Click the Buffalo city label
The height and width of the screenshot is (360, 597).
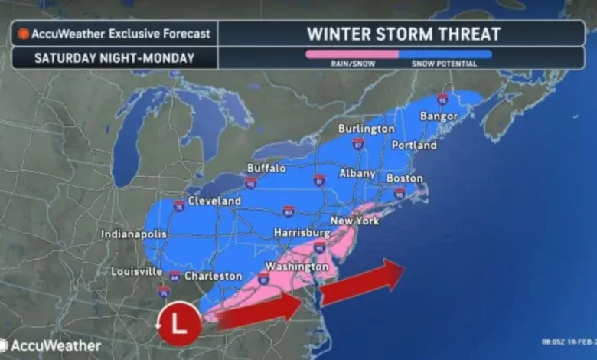click(266, 168)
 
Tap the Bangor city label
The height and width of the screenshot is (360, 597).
click(439, 116)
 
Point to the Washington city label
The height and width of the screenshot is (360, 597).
click(291, 266)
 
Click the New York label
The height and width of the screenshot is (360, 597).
click(354, 221)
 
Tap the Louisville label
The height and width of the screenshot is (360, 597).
click(135, 271)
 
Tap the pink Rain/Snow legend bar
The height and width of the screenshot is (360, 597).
click(351, 54)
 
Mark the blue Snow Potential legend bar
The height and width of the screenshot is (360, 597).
click(445, 54)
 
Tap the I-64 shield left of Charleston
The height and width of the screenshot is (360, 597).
click(175, 275)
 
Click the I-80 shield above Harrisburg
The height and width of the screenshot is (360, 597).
click(288, 211)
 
